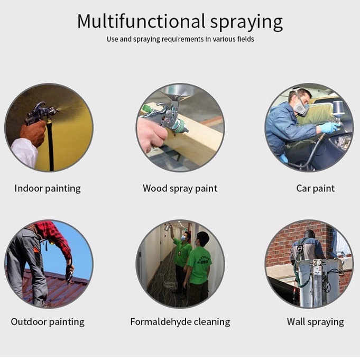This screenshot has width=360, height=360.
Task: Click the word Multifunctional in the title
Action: click(x=141, y=21)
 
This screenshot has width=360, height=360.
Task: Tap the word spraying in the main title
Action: click(x=246, y=23)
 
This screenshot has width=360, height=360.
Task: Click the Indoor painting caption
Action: click(x=48, y=189)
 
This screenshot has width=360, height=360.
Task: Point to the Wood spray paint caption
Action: click(x=180, y=189)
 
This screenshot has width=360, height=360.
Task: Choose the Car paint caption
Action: click(x=316, y=189)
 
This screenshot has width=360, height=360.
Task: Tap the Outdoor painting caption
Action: click(x=48, y=322)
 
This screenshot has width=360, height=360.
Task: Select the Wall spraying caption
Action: click(x=316, y=322)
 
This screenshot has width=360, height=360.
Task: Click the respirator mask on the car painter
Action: click(x=301, y=107)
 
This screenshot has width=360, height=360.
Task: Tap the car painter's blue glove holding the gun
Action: click(x=329, y=127)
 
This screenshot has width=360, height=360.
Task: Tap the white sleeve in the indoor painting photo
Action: click(x=24, y=152)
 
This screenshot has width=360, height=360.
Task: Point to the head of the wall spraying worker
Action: click(x=310, y=234)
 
